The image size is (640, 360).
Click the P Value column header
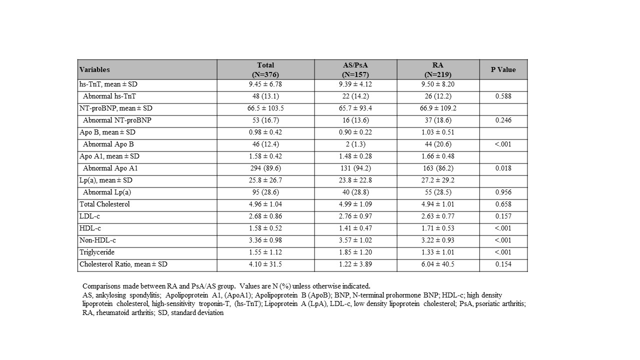pos(503,69)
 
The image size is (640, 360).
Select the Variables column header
pos(94,69)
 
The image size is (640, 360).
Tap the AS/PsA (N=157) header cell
pos(355,69)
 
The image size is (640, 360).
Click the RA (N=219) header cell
pos(438,69)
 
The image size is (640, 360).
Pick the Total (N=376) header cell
pos(265,69)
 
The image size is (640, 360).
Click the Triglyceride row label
pos(97,252)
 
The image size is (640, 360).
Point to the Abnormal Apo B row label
pos(108,144)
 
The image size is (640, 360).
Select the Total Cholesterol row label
pos(104,204)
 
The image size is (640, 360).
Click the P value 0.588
pos(503,96)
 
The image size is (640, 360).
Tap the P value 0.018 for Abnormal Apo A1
pos(503,168)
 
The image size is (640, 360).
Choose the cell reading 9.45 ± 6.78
pos(265,84)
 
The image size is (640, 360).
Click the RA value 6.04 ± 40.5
pos(438,264)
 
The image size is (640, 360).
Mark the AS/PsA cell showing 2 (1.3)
pos(355,144)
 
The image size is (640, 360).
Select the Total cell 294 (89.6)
pos(265,168)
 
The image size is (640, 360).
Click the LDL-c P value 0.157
pos(503,216)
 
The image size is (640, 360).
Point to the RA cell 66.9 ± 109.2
pos(438,108)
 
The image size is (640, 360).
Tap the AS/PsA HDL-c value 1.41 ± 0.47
pos(355,228)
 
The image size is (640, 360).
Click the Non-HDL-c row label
pos(97,240)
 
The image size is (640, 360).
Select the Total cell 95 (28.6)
pos(265,192)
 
